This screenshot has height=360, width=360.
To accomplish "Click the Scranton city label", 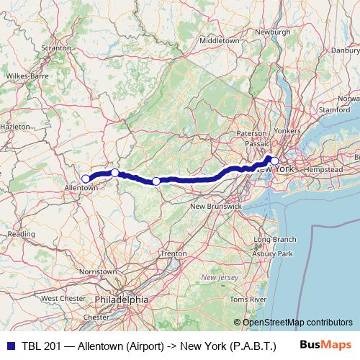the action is tap(56, 48).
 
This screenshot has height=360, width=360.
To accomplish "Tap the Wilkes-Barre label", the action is tap(26, 75).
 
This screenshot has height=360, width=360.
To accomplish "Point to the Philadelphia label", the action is tap(121, 299).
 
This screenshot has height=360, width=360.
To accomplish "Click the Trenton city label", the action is tap(173, 254).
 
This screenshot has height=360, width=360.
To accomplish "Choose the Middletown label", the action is tap(219, 41).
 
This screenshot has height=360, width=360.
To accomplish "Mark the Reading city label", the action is tap(21, 234).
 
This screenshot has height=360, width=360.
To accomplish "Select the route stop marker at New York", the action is tap(274, 161).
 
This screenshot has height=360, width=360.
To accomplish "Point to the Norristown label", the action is tap(98, 271).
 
